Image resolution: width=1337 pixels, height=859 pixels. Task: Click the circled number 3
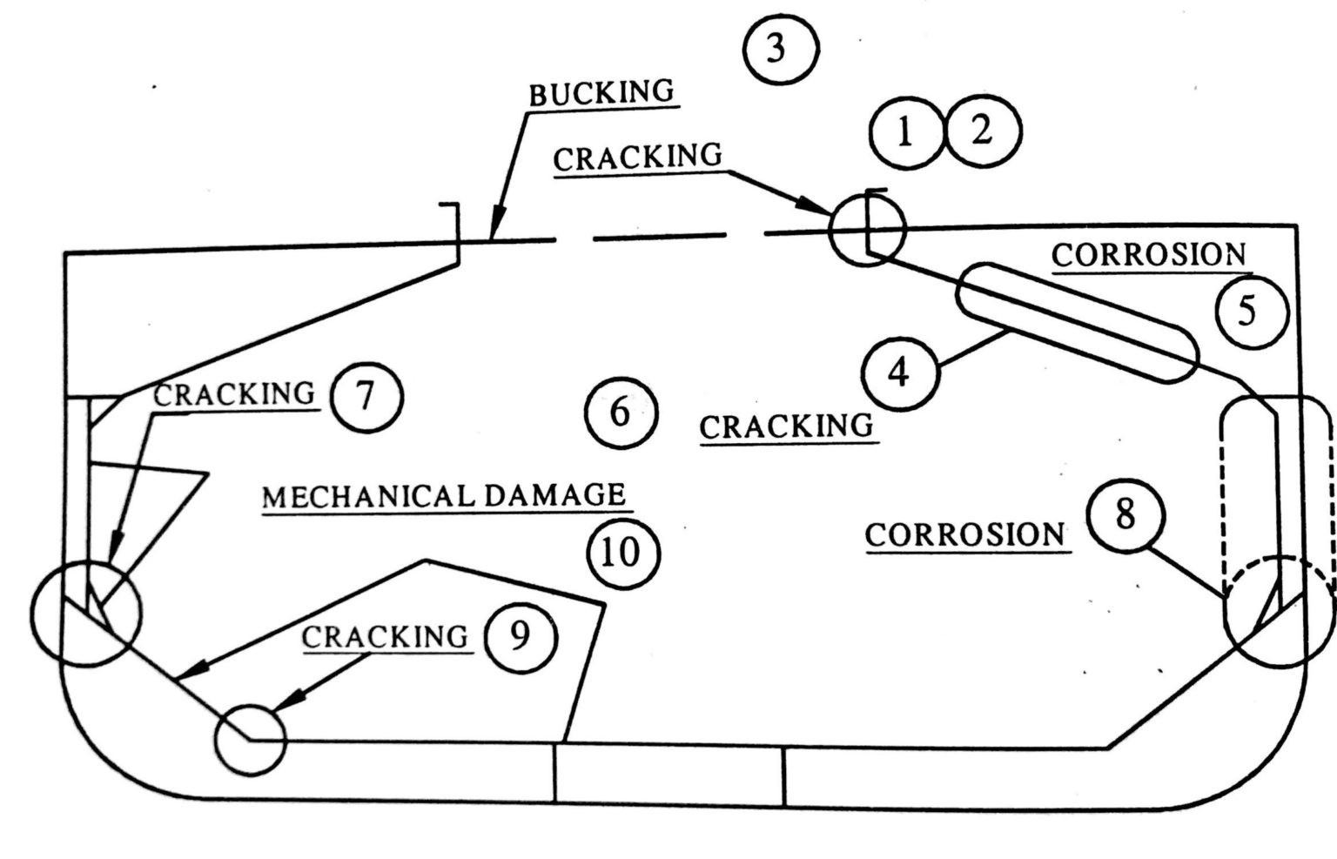pyautogui.click(x=781, y=50)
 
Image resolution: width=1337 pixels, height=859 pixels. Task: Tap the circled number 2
pyautogui.click(x=983, y=132)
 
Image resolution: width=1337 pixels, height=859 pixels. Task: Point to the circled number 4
pyautogui.click(x=900, y=372)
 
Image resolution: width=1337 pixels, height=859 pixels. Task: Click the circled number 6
pyautogui.click(x=620, y=413)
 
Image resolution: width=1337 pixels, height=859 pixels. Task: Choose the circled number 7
pyautogui.click(x=366, y=397)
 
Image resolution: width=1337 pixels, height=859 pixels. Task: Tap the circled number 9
pyautogui.click(x=519, y=637)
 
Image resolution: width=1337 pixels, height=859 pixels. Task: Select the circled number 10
pyautogui.click(x=621, y=552)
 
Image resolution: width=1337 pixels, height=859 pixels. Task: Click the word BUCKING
pyautogui.click(x=602, y=92)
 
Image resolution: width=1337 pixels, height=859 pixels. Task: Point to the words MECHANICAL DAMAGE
pyautogui.click(x=444, y=496)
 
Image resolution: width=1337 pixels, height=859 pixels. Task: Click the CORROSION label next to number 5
pyautogui.click(x=1149, y=255)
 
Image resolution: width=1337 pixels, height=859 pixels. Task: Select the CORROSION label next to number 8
pyautogui.click(x=965, y=534)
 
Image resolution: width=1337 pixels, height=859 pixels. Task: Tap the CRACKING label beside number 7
pyautogui.click(x=234, y=394)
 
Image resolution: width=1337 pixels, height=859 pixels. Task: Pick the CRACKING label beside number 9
pyautogui.click(x=385, y=637)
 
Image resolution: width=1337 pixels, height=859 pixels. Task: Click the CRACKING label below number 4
pyautogui.click(x=786, y=426)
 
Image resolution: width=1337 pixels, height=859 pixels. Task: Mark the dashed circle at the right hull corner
pyautogui.click(x=1278, y=611)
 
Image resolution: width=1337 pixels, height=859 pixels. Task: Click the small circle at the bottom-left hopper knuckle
pyautogui.click(x=250, y=738)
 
